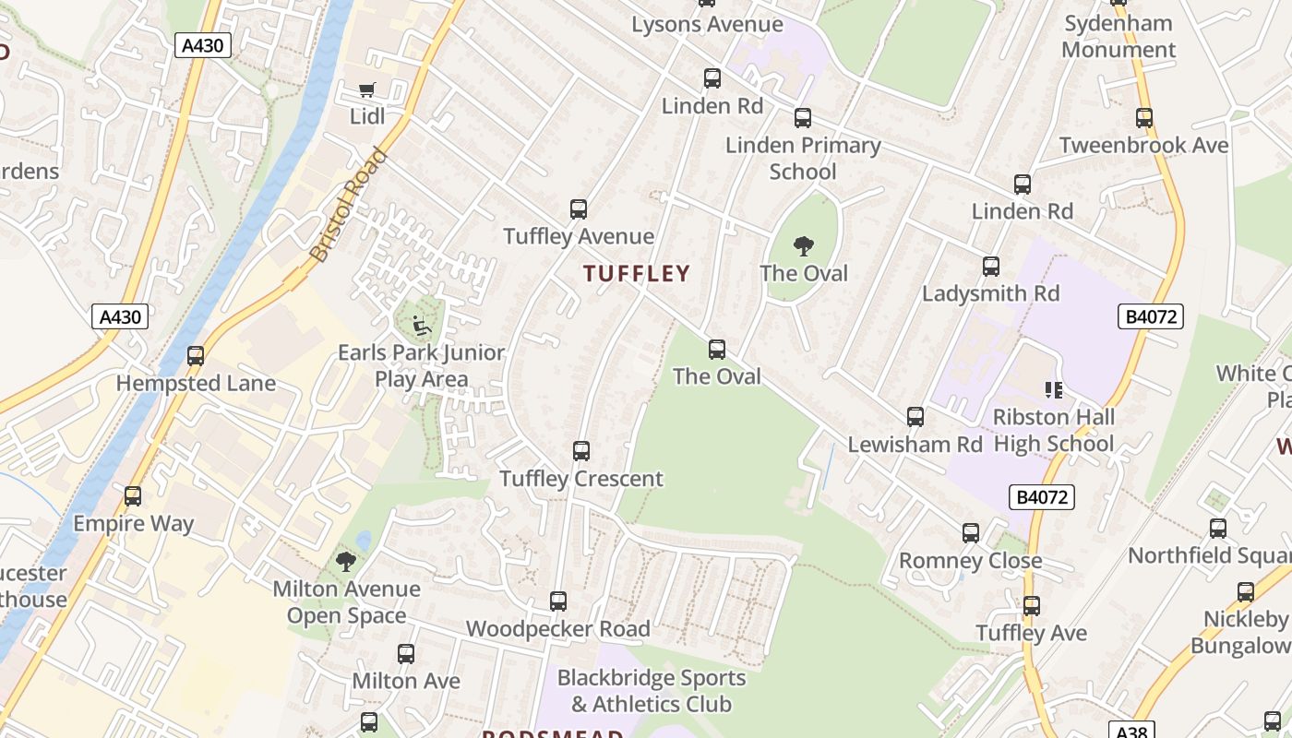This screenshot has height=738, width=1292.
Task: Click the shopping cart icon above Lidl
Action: (x=367, y=89)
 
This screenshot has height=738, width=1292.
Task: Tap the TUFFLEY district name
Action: (x=637, y=273)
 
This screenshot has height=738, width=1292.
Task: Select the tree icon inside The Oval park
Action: (x=804, y=246)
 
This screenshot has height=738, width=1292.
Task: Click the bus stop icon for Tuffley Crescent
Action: (x=581, y=451)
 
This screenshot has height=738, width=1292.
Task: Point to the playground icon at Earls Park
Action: (x=421, y=325)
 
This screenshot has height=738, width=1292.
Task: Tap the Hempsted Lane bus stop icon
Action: (x=196, y=356)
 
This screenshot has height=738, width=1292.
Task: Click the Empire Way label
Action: (x=134, y=524)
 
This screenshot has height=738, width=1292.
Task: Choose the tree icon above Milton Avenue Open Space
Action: (x=346, y=562)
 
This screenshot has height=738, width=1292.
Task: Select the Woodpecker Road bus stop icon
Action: (x=558, y=601)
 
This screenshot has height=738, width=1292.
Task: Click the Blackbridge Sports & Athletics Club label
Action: (x=652, y=691)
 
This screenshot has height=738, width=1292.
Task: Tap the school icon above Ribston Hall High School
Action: (x=1053, y=390)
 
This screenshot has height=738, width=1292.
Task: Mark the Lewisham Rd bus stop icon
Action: (x=915, y=417)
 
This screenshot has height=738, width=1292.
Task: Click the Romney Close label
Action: (x=970, y=561)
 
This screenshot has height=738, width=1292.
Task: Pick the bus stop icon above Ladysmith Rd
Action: (x=991, y=267)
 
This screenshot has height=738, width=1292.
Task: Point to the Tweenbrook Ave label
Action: (x=1143, y=146)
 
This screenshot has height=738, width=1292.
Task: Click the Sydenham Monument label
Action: (x=1119, y=37)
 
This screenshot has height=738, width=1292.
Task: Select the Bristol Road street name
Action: (x=348, y=205)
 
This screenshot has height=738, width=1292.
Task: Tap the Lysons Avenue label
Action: (x=707, y=25)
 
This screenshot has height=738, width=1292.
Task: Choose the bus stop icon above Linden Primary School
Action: (x=803, y=118)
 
